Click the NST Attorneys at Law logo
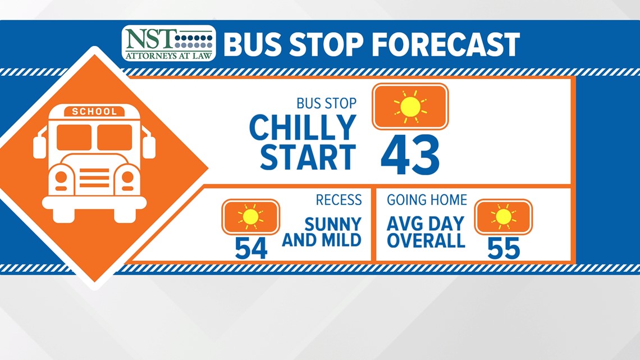168,43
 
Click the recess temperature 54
251,248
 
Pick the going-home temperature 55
504,248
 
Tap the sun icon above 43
410,107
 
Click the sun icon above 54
250,217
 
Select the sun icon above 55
503,217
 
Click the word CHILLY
303,127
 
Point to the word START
308,157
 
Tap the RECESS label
339,199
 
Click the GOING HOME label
427,199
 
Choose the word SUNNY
333,224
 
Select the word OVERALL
426,240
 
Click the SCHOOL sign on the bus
94,111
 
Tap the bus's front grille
94,178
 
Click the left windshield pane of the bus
74,137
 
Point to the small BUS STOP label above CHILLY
327,104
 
